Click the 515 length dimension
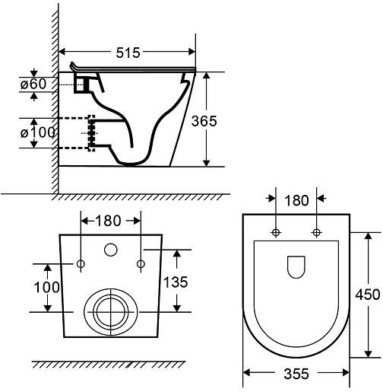tap(128, 53)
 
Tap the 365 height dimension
tap(204, 121)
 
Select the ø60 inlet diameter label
tap(33, 84)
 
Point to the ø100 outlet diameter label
tap(37, 132)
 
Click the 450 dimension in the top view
tap(368, 295)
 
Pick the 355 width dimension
tap(296, 374)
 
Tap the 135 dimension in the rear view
tap(176, 282)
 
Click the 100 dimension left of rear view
tap(46, 288)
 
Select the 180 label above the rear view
tap(108, 221)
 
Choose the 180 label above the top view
tap(296, 200)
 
